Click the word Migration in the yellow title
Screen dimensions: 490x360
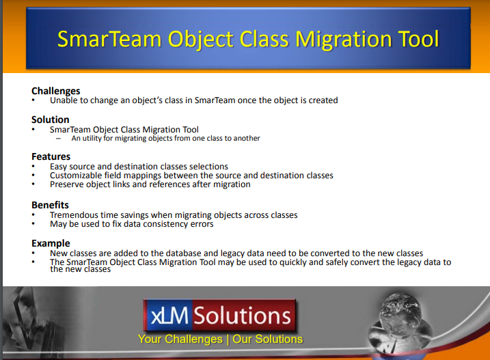tap(344, 40)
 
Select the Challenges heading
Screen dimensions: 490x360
tap(56, 91)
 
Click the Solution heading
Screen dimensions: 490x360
tap(51, 120)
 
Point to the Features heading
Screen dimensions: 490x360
tap(51, 156)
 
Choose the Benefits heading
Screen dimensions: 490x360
tap(50, 205)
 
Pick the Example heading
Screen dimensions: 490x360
tap(51, 243)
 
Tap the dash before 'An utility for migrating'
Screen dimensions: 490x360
tap(59, 139)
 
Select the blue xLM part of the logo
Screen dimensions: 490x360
tap(168, 316)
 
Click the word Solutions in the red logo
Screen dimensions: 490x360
tap(243, 316)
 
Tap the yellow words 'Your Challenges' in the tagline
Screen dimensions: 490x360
tap(180, 340)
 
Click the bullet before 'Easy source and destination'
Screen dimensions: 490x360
tap(33, 166)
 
